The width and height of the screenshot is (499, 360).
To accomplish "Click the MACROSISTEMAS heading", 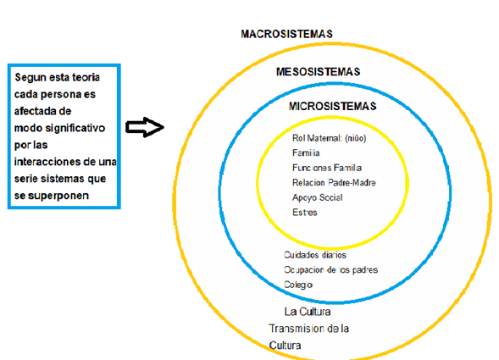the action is pyautogui.click(x=286, y=34).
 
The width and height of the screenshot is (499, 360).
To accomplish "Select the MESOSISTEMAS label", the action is pyautogui.click(x=319, y=72).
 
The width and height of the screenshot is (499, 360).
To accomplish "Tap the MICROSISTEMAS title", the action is pyautogui.click(x=333, y=106).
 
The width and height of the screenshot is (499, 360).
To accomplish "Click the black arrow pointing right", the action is pyautogui.click(x=145, y=127).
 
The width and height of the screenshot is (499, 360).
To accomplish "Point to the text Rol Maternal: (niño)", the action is pyautogui.click(x=330, y=138).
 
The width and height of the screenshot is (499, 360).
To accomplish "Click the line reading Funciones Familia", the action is pyautogui.click(x=327, y=168).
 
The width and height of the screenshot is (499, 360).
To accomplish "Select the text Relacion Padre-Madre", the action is pyautogui.click(x=334, y=183).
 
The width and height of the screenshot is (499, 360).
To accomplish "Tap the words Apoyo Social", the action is pyautogui.click(x=318, y=197).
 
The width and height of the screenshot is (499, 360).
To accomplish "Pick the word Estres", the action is pyautogui.click(x=304, y=213).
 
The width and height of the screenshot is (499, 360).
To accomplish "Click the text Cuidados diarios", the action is pyautogui.click(x=315, y=255).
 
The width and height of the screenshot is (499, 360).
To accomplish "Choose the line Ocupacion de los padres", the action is pyautogui.click(x=330, y=270).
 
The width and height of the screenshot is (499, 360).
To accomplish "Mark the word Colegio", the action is pyautogui.click(x=298, y=285).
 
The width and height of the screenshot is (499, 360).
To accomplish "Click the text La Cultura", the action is pyautogui.click(x=308, y=312).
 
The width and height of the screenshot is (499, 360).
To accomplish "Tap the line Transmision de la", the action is pyautogui.click(x=308, y=329).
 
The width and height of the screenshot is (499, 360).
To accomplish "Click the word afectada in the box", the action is pyautogui.click(x=33, y=111).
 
